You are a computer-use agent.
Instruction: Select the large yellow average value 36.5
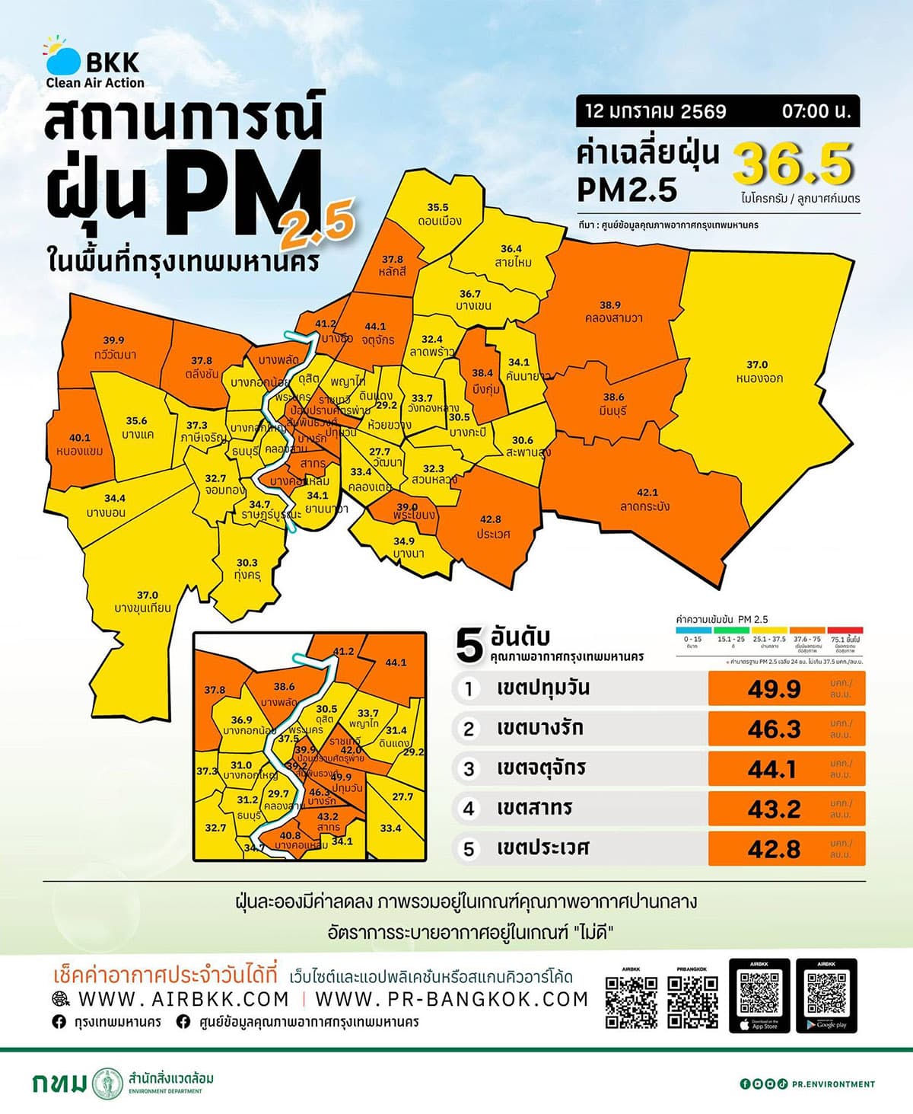(794, 165)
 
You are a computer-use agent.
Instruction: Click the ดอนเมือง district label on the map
(438, 214)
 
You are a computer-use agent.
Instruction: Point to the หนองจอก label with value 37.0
(758, 372)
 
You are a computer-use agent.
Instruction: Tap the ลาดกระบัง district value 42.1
(647, 493)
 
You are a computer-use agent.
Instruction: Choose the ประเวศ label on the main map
(492, 527)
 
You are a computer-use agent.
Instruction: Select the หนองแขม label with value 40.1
(80, 445)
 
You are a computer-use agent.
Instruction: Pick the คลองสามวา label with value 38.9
(610, 311)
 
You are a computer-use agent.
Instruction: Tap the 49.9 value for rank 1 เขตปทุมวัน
(774, 689)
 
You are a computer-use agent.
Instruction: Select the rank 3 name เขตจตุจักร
(541, 768)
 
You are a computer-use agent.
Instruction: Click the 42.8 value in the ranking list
(774, 848)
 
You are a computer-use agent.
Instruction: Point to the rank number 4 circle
(469, 808)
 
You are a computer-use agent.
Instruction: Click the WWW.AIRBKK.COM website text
(183, 999)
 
